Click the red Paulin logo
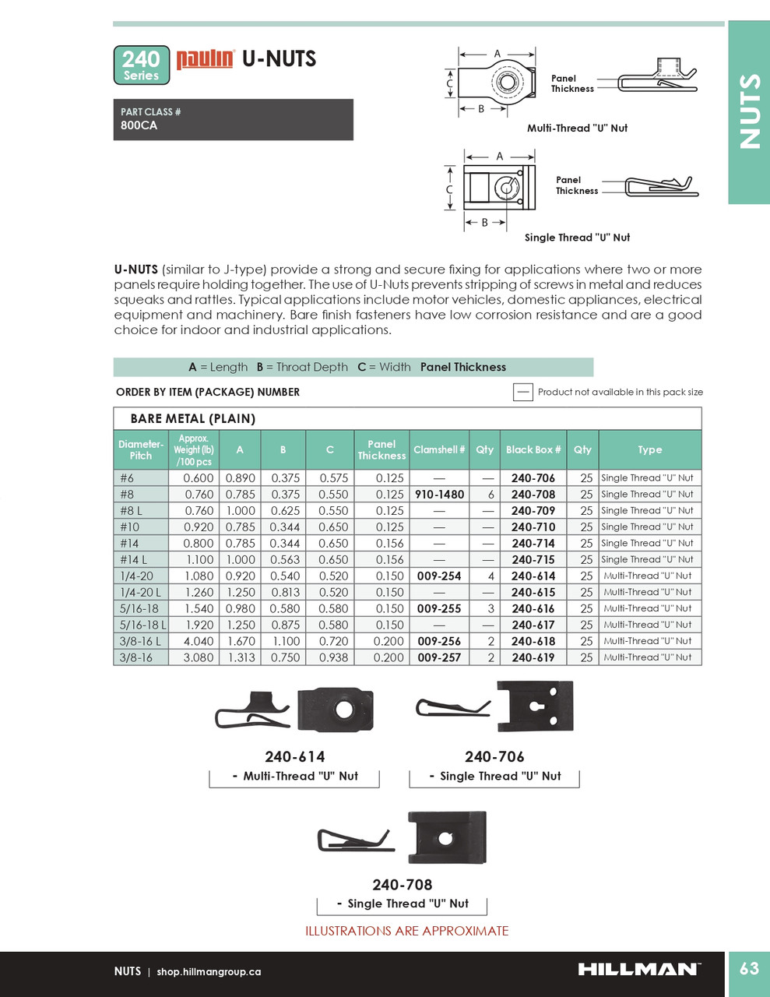point(205,59)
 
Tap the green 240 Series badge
point(141,65)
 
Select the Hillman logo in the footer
point(638,969)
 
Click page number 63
point(749,968)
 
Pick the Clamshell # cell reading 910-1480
point(439,495)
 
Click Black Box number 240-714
point(533,544)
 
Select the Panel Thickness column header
point(381,450)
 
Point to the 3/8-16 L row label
point(141,642)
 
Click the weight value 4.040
point(198,642)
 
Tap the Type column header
point(650,449)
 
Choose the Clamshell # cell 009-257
point(439,658)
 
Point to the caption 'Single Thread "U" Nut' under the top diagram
point(577,238)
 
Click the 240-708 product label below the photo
point(402,885)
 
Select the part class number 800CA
point(139,125)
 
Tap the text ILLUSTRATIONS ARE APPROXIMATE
point(406,931)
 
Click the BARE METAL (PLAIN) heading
point(192,418)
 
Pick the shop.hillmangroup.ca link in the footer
point(209,972)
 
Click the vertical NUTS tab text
point(749,111)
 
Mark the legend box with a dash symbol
point(523,392)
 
